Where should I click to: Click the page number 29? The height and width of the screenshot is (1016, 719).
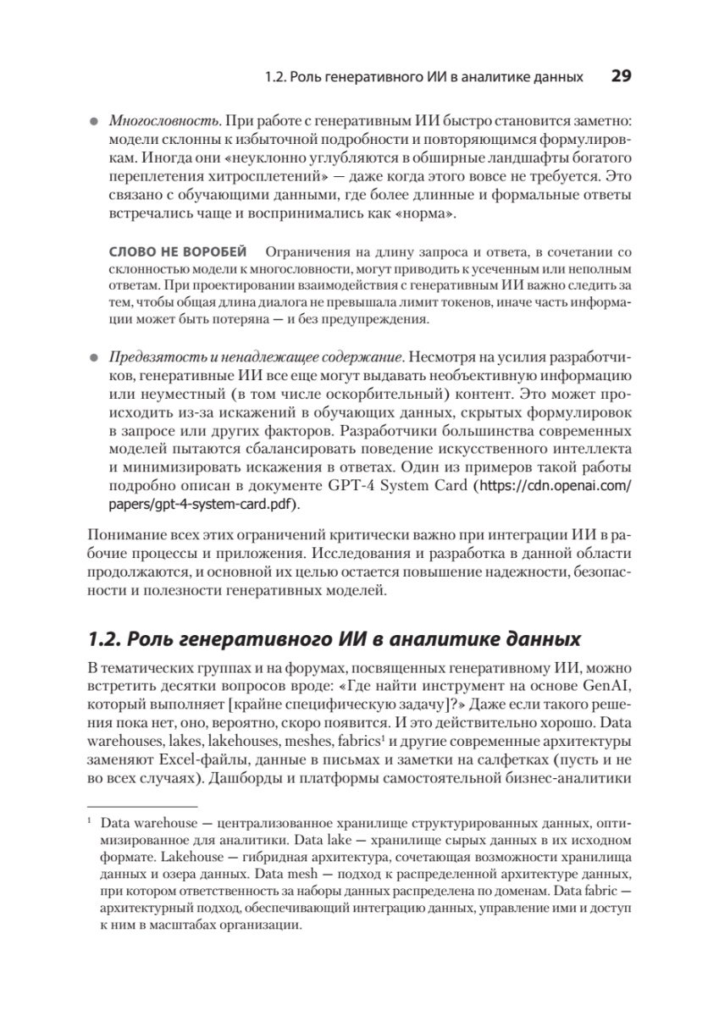[621, 76]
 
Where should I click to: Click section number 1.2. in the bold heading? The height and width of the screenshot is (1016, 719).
[108, 638]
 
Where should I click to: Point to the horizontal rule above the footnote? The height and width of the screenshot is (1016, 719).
[141, 808]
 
